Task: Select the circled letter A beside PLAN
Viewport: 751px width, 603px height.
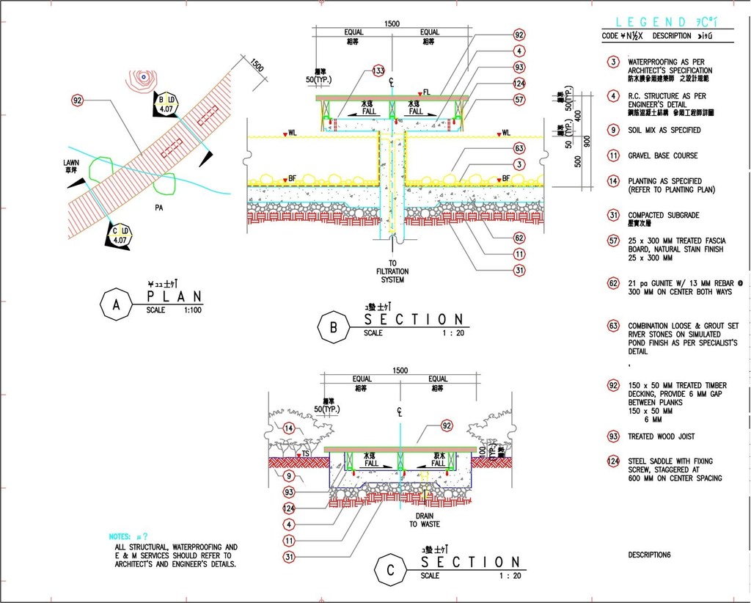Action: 116,305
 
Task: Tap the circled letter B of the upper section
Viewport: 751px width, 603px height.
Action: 333,328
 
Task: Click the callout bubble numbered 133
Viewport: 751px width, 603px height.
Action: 378,70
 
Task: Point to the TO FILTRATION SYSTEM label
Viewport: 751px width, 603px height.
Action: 392,271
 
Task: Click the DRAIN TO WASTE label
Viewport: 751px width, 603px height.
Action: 425,520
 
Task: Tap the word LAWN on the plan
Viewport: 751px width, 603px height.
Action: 71,162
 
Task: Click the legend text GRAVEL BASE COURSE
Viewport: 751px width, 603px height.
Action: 662,156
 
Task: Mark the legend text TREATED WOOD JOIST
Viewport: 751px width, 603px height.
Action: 661,436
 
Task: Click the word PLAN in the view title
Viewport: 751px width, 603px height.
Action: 175,296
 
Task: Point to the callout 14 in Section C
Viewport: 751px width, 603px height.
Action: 289,428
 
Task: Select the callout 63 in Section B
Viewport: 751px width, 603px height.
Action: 519,148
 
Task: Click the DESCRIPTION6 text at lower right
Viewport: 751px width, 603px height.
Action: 650,555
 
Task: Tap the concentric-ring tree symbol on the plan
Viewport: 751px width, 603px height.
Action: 144,76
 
